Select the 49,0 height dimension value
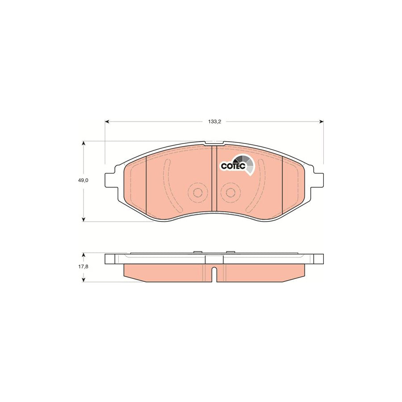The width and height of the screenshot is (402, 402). point(84,180)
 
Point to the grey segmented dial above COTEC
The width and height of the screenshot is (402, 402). point(245,161)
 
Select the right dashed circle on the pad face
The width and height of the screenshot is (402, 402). point(230,193)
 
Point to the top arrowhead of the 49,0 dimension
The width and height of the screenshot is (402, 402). point(84,143)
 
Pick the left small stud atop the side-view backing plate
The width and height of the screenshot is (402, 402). point(197,253)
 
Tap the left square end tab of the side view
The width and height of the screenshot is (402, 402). point(109,259)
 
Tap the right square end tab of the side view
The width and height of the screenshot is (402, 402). point(318,259)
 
